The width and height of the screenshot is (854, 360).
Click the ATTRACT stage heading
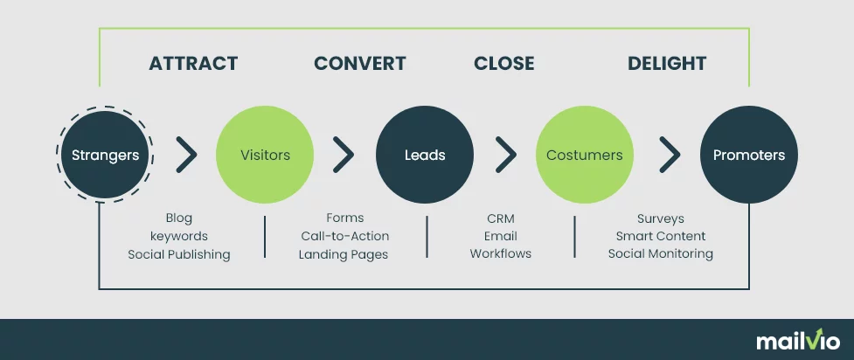click(x=193, y=64)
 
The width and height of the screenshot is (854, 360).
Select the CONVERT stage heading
click(x=359, y=64)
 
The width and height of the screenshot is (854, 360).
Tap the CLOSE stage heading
click(x=503, y=64)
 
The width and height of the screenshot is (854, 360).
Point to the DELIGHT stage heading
click(x=667, y=64)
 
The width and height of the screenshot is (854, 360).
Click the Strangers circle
click(x=105, y=155)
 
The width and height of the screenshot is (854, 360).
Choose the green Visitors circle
click(x=265, y=155)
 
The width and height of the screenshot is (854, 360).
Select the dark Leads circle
click(x=425, y=155)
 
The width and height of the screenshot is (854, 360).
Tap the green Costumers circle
click(x=585, y=155)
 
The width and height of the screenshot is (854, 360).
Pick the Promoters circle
click(x=749, y=155)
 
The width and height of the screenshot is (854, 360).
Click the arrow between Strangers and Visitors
click(x=187, y=155)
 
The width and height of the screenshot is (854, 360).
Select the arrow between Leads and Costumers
click(x=506, y=155)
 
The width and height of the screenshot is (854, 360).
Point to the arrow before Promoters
click(x=670, y=155)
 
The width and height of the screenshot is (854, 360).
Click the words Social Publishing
click(x=179, y=254)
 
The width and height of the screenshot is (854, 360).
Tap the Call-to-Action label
click(x=345, y=237)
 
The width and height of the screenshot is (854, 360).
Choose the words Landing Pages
click(x=344, y=254)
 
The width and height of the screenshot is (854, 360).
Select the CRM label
click(x=501, y=218)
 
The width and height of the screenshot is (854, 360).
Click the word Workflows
click(x=501, y=253)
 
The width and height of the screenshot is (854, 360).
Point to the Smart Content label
click(x=661, y=236)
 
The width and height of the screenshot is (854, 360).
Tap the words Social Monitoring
click(x=661, y=253)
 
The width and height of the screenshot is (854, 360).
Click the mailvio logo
click(x=798, y=341)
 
